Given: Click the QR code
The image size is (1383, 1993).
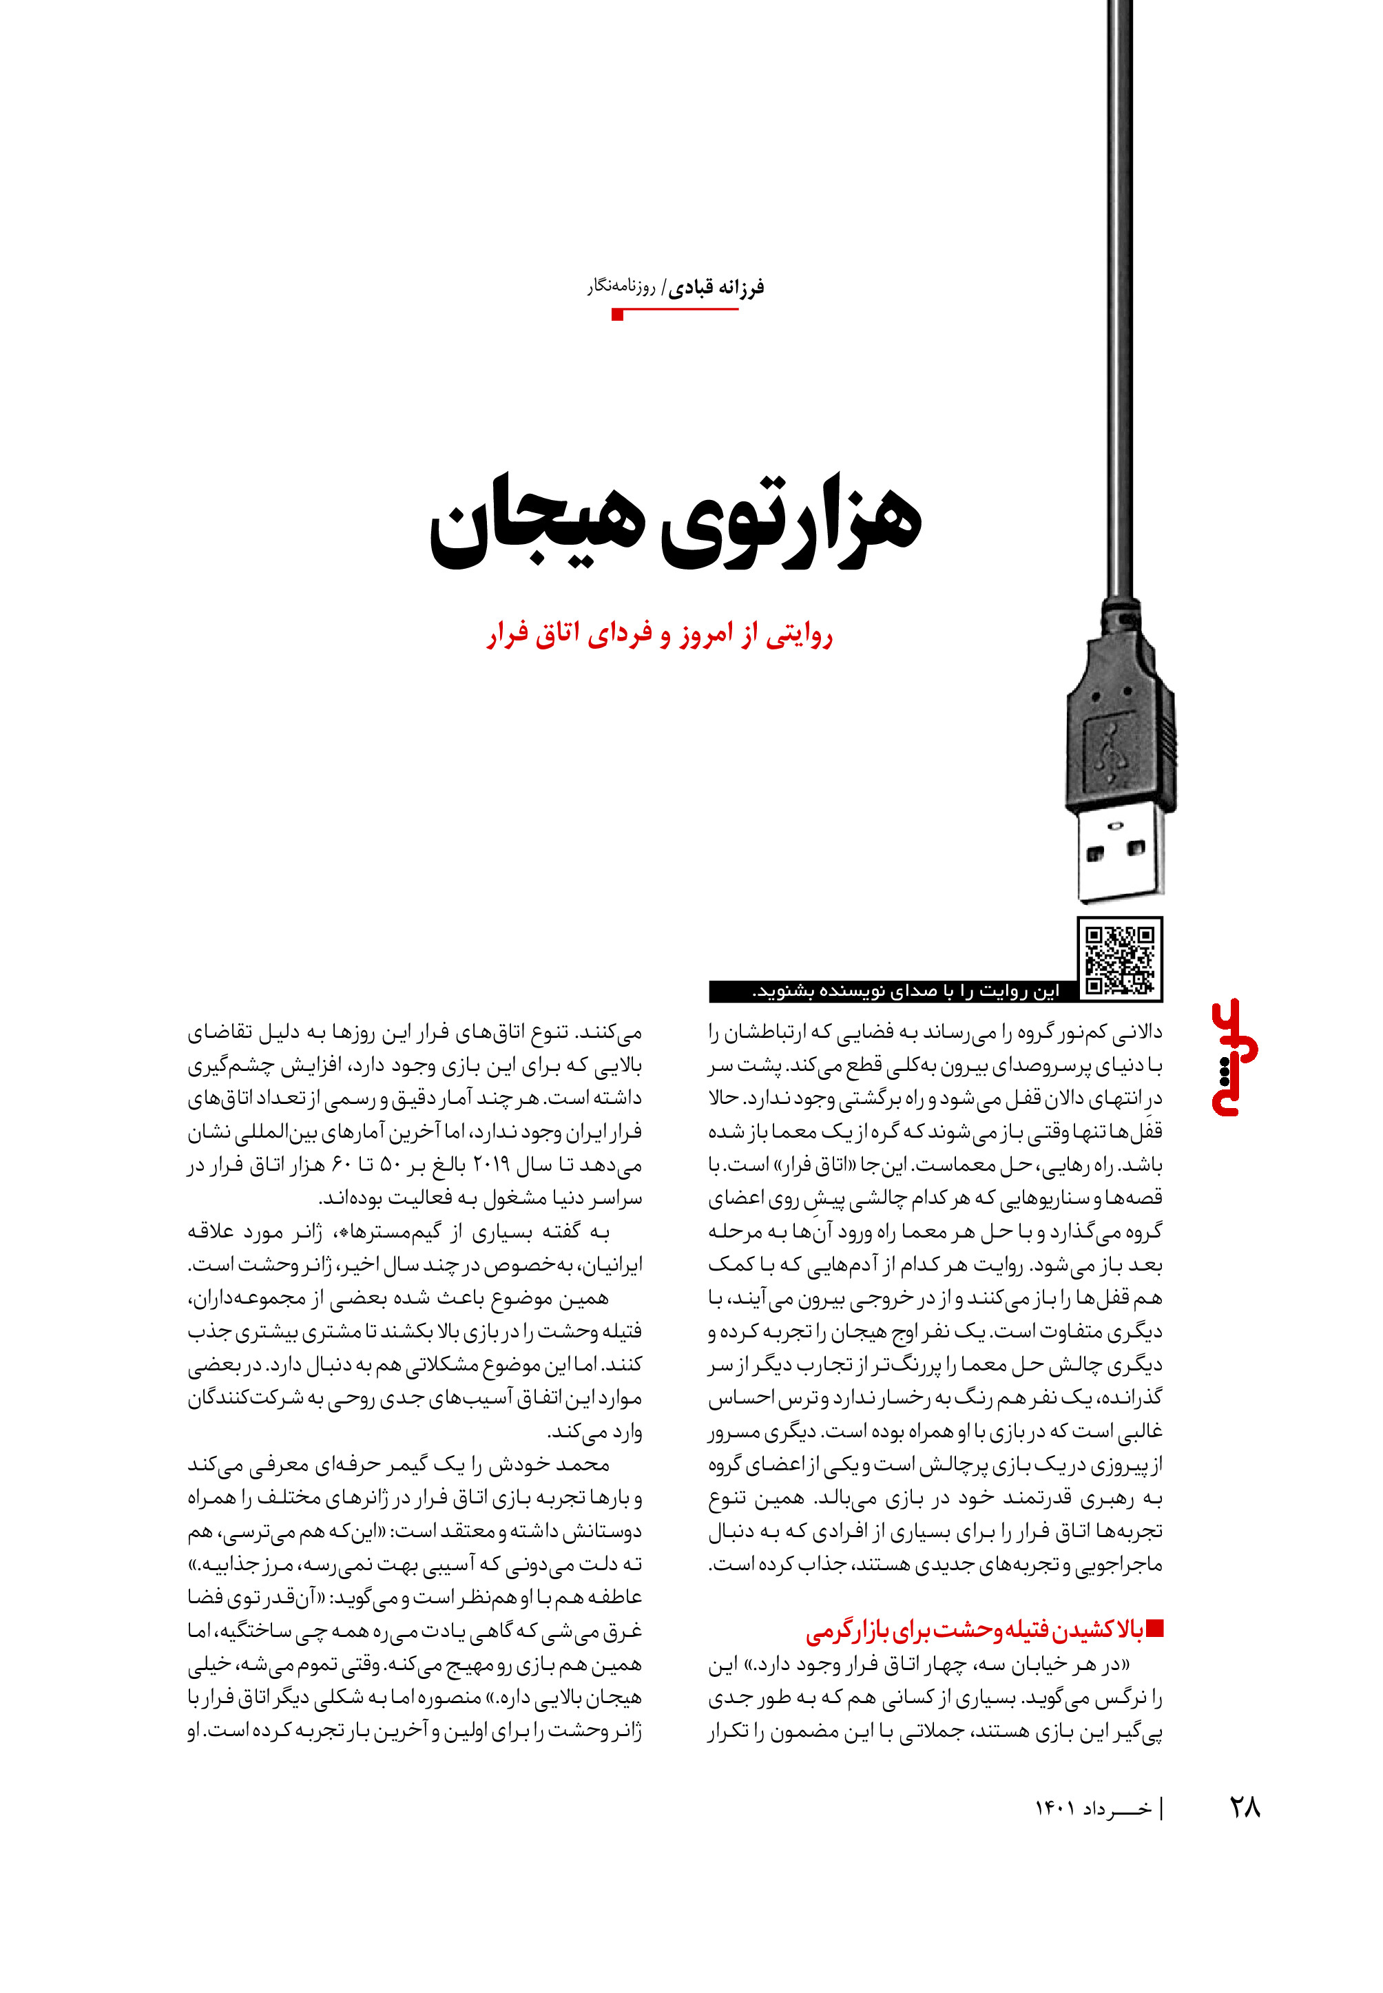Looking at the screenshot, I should pyautogui.click(x=1120, y=959).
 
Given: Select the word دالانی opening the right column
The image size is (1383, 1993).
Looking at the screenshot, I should pyautogui.click(x=1136, y=1032).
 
